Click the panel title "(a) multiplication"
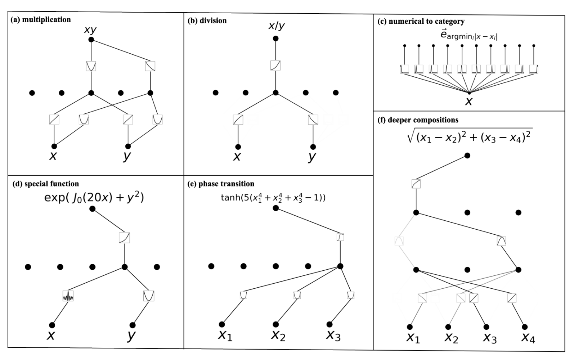41,19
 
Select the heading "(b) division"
207,21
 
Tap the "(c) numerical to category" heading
421,21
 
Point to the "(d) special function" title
45,184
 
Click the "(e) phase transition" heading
221,184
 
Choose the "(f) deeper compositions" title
418,120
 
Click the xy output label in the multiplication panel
90,30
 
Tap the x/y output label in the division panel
277,26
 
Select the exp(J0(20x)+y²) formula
94,198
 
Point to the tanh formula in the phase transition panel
273,198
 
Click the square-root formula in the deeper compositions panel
470,136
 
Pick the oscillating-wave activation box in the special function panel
68,296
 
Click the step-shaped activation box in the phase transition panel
340,237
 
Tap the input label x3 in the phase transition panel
333,335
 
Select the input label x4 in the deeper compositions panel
528,338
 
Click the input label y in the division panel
312,157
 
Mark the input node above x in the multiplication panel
54,146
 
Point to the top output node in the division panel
275,39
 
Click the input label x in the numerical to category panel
468,101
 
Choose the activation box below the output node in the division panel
275,66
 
